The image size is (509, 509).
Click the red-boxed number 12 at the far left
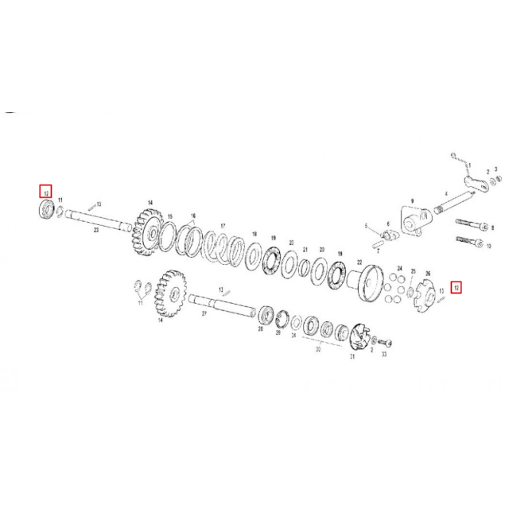(x=46, y=192)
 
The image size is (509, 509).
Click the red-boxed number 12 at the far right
(x=456, y=287)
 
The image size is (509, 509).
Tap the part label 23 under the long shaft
(x=95, y=229)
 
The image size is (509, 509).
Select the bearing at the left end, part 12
(x=47, y=210)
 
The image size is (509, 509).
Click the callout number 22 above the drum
(x=359, y=262)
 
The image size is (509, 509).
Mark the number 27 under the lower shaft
(x=203, y=314)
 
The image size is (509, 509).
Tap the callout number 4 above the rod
(x=447, y=193)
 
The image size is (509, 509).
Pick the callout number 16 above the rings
(x=192, y=216)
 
